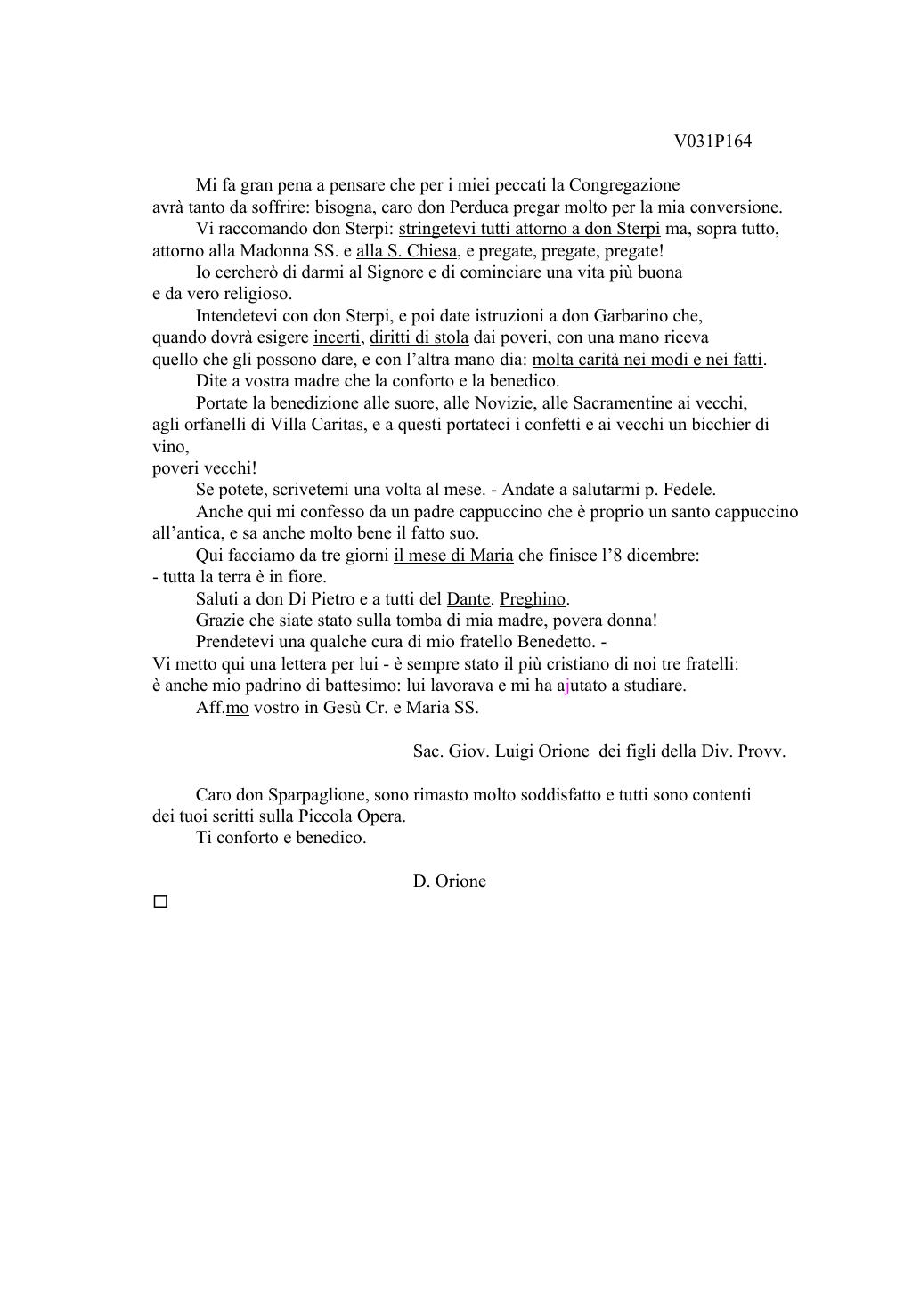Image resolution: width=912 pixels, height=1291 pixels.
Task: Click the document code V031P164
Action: point(712,142)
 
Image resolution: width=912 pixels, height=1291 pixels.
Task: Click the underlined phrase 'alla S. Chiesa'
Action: point(407,251)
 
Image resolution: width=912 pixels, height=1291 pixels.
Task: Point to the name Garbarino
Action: point(631,316)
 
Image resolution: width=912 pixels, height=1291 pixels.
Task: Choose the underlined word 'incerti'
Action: point(337,337)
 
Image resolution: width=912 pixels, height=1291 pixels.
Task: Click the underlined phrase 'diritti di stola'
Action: point(419,337)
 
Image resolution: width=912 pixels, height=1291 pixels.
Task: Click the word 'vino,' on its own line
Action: point(170,446)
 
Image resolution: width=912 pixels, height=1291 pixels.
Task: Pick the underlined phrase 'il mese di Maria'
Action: point(453,556)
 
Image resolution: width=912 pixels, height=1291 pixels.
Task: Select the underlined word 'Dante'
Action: point(468,599)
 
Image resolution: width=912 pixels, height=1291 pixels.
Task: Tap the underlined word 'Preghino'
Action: point(532,599)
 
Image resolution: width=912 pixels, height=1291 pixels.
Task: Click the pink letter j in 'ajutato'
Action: point(567,686)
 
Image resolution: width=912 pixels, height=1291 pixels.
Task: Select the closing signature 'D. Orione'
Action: point(449,881)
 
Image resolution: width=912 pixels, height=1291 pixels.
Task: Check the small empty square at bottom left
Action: point(160,902)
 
